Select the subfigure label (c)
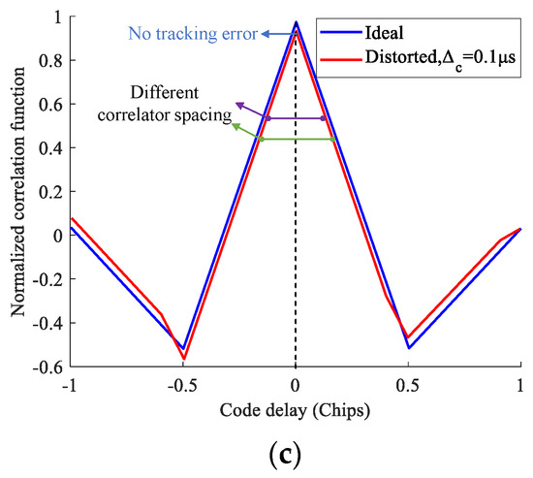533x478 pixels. (295, 455)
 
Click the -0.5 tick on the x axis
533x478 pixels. (181, 384)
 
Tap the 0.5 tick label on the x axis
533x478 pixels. (408, 384)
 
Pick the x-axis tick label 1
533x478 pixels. (520, 384)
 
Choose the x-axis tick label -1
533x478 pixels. (68, 384)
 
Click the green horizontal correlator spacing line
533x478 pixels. (297, 140)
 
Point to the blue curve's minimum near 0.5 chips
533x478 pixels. (408, 347)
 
